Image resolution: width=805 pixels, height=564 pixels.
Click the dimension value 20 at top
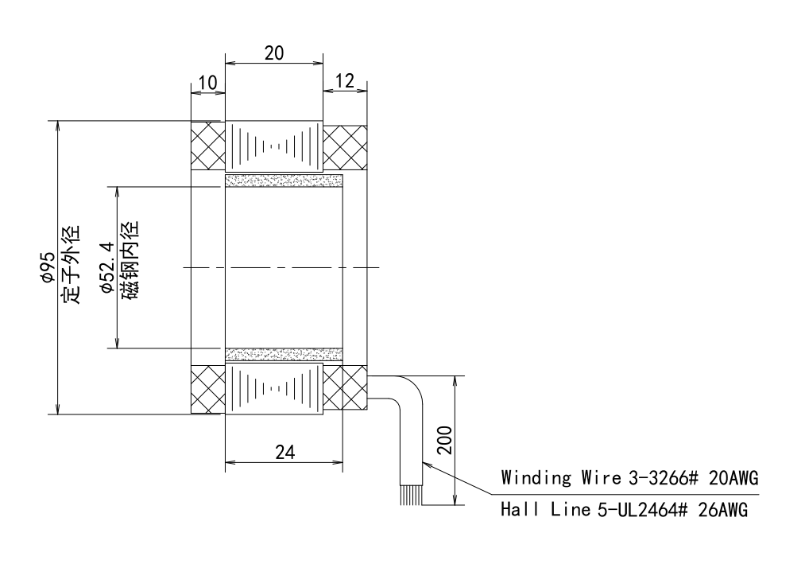274,53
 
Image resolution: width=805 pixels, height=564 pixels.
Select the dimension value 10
208,82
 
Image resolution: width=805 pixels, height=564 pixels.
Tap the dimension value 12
345,80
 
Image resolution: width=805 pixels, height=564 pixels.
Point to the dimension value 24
285,452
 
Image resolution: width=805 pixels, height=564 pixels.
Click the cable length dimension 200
444,440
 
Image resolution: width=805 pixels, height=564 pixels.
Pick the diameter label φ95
48,266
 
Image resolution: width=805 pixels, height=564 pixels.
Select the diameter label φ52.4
107,266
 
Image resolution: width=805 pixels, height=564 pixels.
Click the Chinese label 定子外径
72,264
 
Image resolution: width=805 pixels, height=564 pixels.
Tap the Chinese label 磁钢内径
130,260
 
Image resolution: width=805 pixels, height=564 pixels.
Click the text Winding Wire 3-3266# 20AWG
629,477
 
